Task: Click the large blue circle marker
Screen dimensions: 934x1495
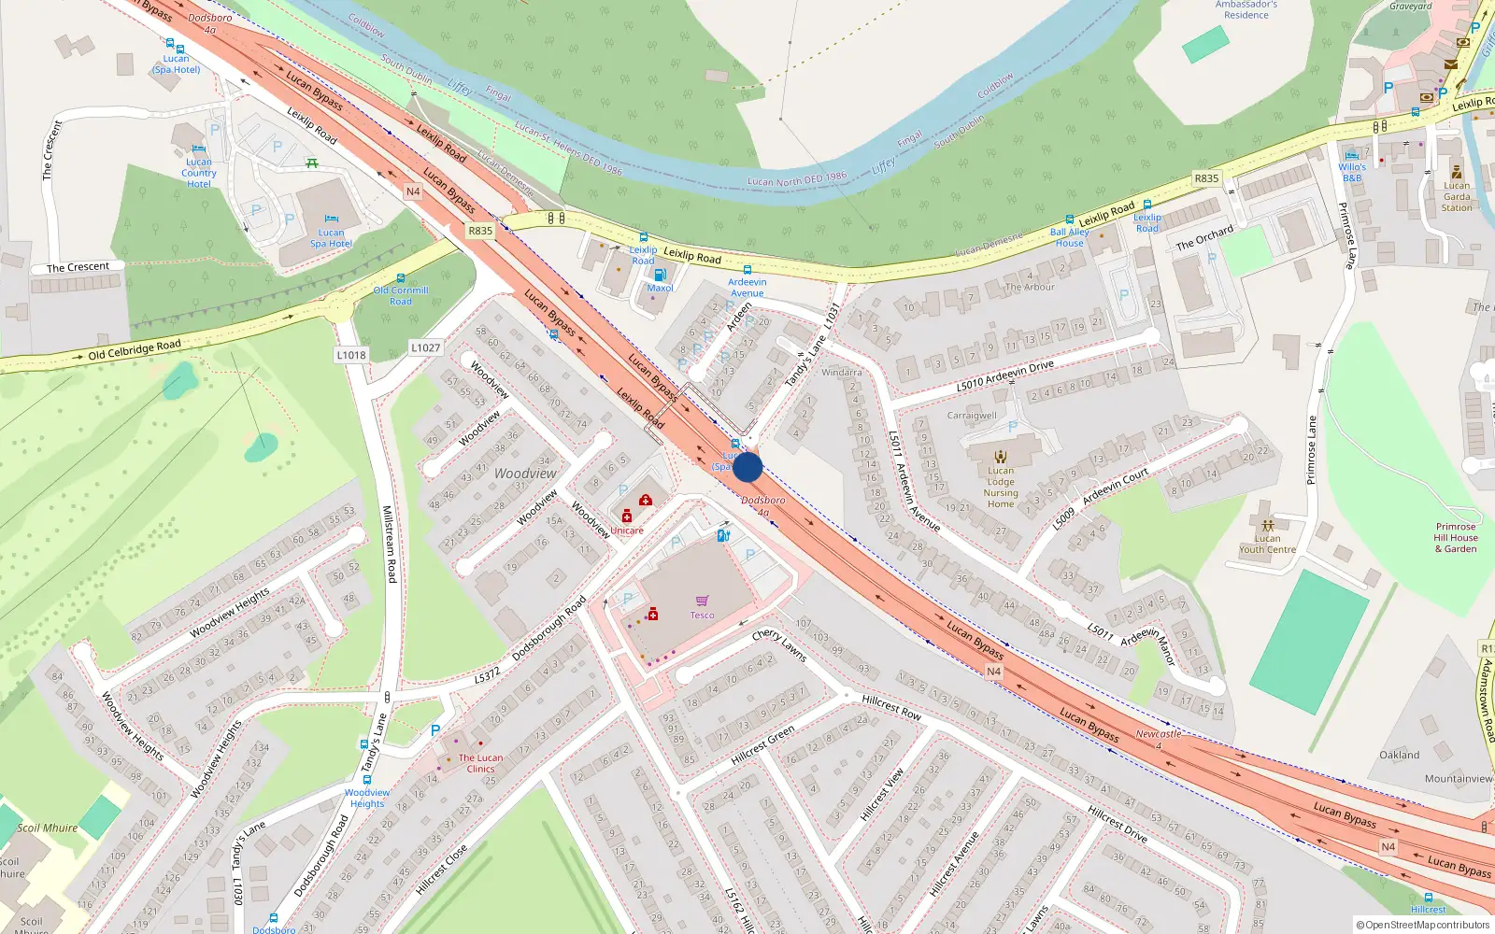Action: pyautogui.click(x=747, y=467)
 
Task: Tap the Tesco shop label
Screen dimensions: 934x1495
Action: pyautogui.click(x=702, y=616)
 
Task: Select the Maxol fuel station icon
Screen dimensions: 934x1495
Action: pyautogui.click(x=660, y=275)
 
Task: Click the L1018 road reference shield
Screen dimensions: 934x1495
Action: pyautogui.click(x=351, y=355)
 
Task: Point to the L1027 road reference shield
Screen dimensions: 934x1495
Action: pyautogui.click(x=425, y=347)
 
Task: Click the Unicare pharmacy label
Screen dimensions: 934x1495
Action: pyautogui.click(x=627, y=531)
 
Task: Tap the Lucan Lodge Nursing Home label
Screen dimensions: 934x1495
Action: pyautogui.click(x=1001, y=487)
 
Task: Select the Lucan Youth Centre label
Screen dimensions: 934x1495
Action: pyautogui.click(x=1267, y=544)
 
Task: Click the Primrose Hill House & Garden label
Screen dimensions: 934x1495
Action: pyautogui.click(x=1456, y=537)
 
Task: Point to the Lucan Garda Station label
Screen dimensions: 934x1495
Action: pyautogui.click(x=1457, y=196)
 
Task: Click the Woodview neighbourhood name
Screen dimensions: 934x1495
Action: pyautogui.click(x=525, y=474)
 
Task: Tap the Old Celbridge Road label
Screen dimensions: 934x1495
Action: pyautogui.click(x=135, y=349)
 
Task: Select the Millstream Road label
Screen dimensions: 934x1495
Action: pyautogui.click(x=390, y=545)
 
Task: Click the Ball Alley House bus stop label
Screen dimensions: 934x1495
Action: pyautogui.click(x=1069, y=237)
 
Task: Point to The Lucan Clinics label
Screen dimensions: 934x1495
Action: pyautogui.click(x=480, y=763)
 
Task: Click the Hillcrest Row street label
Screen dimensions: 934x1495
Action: pyautogui.click(x=891, y=707)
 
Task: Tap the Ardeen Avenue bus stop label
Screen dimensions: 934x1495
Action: pyautogui.click(x=747, y=287)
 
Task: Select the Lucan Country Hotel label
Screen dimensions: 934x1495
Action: pyautogui.click(x=199, y=173)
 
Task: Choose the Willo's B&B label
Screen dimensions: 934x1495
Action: pyautogui.click(x=1352, y=173)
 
